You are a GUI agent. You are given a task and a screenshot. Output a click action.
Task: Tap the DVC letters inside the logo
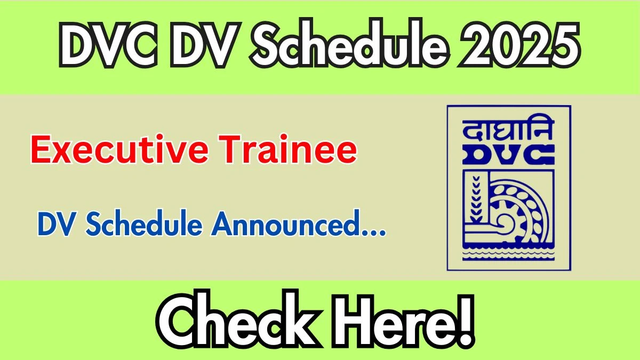point(509,155)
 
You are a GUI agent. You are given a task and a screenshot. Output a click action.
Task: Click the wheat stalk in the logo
point(476,198)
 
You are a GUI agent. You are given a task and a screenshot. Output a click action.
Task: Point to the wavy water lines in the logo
point(509,255)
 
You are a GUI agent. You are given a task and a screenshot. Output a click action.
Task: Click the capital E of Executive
point(41,149)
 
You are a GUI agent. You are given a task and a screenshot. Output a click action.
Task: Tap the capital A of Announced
point(223,223)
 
